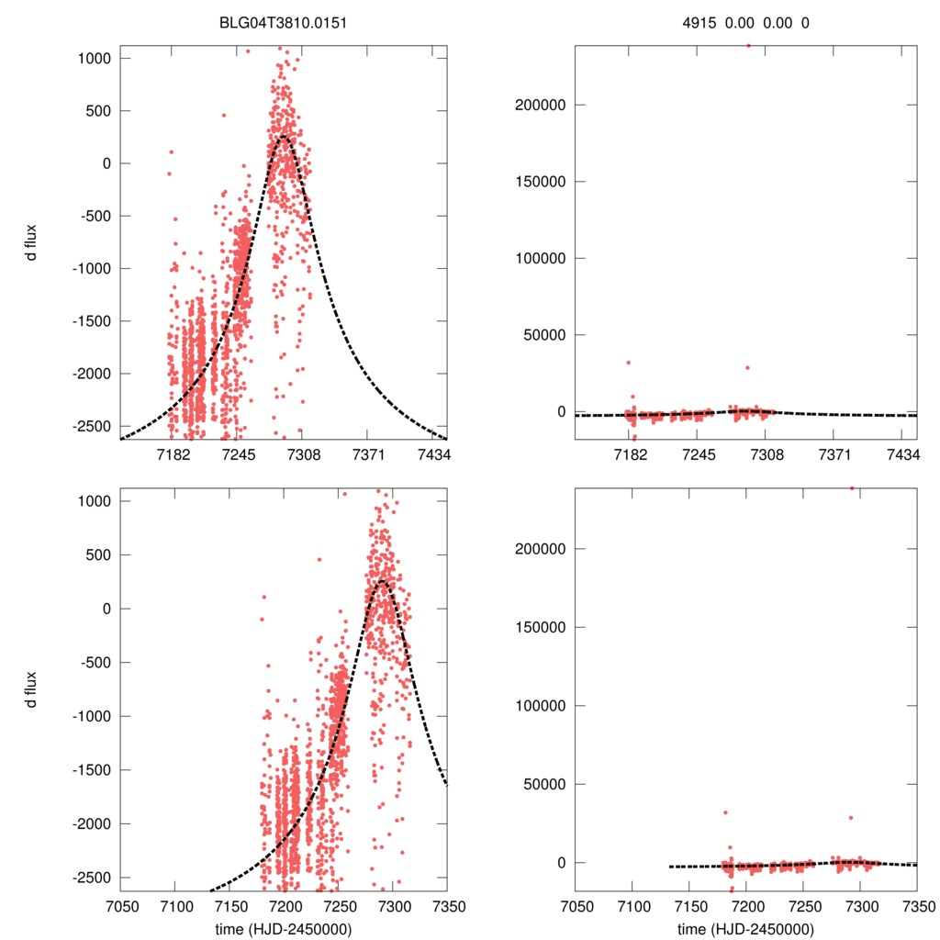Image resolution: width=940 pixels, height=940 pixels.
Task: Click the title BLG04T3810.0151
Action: tap(285, 22)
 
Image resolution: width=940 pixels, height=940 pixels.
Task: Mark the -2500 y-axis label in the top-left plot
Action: tap(88, 426)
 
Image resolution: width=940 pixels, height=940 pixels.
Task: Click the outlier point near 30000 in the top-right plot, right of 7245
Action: tap(747, 367)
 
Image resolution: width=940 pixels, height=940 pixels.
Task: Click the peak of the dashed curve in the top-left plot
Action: tap(284, 137)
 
